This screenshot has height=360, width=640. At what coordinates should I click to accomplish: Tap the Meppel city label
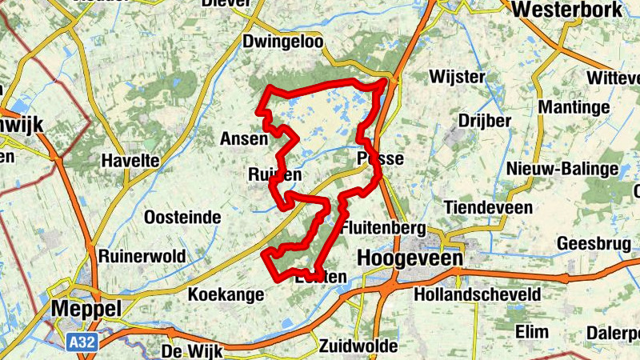point(85,309)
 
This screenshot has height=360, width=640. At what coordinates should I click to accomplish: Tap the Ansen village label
point(243,138)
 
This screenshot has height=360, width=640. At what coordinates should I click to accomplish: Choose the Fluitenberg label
point(382,228)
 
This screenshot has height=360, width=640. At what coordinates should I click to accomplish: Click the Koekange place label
point(226,294)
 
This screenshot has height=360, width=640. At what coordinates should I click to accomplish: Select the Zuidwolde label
point(358,346)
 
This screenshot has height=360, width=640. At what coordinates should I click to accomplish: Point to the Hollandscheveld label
point(478,294)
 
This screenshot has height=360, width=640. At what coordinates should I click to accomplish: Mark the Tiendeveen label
point(488,207)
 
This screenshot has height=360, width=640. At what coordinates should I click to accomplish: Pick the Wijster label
point(457,77)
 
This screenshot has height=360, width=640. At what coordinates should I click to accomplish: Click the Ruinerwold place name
point(142,256)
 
